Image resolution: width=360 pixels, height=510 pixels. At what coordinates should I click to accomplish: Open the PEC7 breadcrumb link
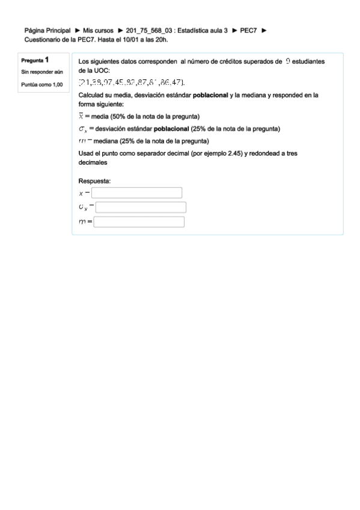point(249,29)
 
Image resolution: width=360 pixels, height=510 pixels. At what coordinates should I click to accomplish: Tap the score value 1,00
point(53,84)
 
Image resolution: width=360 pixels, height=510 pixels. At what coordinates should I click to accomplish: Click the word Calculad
point(92,95)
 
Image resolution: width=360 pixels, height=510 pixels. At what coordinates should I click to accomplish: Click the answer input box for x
point(136,192)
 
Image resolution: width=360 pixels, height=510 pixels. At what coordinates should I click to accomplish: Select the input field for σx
point(141,207)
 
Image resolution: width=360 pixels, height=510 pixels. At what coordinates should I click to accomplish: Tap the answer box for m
point(138,222)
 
